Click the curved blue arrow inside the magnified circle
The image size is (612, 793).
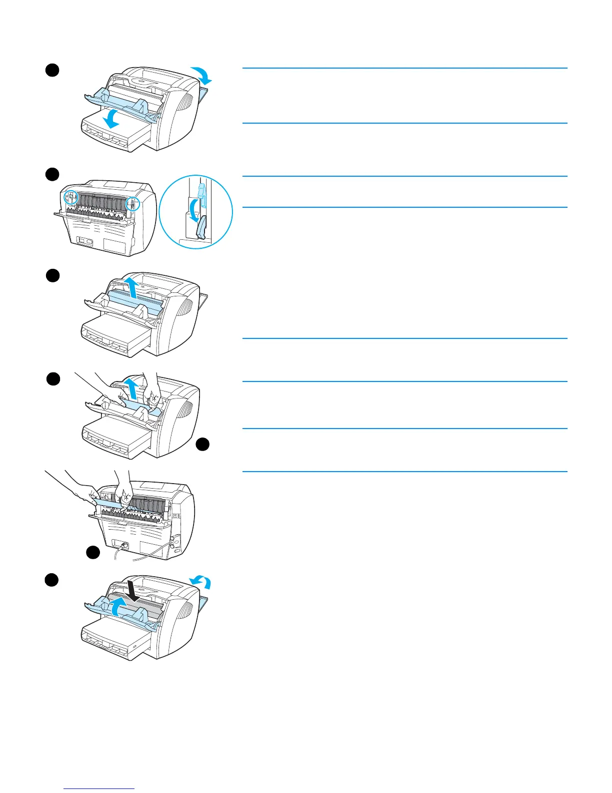(x=189, y=209)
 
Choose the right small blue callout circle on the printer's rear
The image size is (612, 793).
(x=132, y=203)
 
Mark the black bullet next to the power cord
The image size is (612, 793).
(x=92, y=552)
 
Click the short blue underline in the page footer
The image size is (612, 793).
(x=99, y=789)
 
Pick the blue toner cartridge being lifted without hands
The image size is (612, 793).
(x=134, y=303)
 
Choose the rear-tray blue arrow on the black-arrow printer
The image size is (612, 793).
(x=201, y=582)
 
